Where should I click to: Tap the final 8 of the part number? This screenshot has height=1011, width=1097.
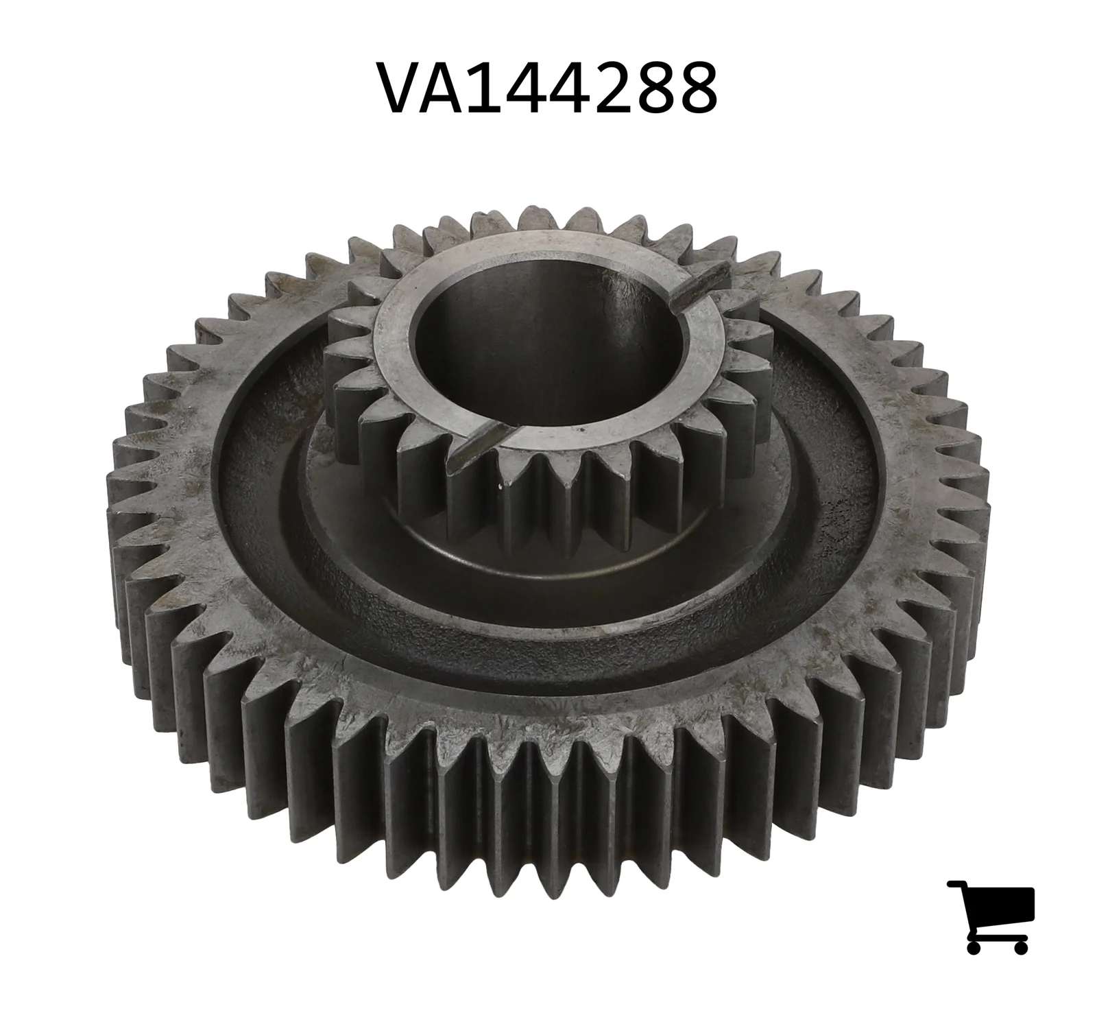pyautogui.click(x=696, y=88)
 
